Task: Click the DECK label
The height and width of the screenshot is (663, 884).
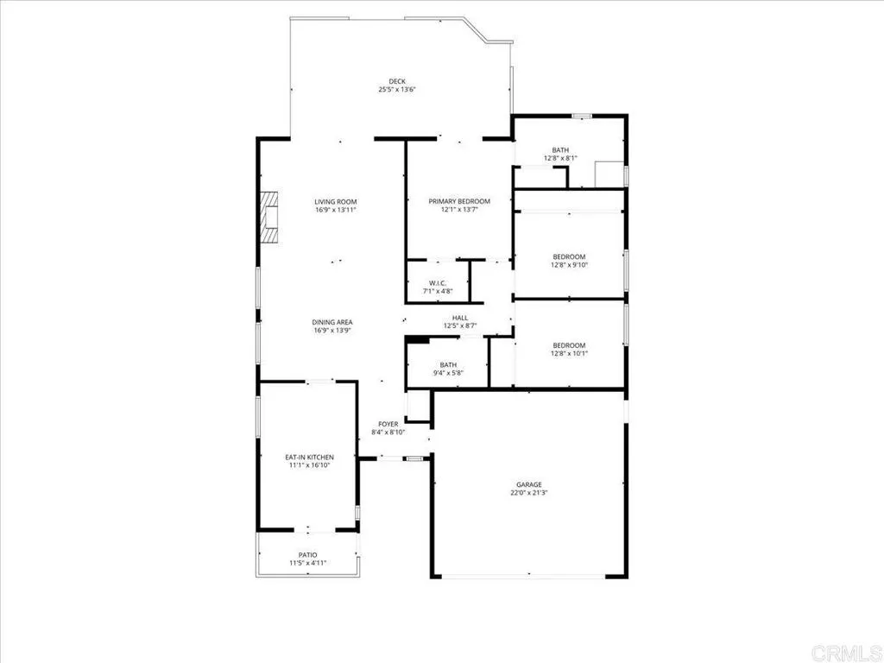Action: click(x=396, y=81)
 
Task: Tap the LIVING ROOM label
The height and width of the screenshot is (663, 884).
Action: click(x=336, y=201)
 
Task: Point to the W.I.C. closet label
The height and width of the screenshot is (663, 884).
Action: click(x=437, y=283)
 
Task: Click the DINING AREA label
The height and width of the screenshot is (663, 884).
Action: click(x=332, y=322)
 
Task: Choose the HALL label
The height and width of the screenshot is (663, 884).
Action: click(x=460, y=318)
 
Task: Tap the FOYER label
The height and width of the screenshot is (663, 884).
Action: click(x=388, y=424)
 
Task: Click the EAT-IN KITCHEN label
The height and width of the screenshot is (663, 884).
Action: click(x=309, y=457)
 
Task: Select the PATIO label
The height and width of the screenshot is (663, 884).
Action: click(x=308, y=555)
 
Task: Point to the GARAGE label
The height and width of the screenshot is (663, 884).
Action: click(x=530, y=485)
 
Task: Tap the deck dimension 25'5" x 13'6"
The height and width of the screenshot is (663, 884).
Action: click(x=396, y=90)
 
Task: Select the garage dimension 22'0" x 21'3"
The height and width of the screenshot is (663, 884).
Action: click(x=530, y=494)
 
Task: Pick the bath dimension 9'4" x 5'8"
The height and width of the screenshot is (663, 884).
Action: click(x=448, y=373)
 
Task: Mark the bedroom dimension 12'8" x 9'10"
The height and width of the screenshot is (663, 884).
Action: click(x=569, y=265)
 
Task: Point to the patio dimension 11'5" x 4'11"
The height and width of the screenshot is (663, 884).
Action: click(x=308, y=564)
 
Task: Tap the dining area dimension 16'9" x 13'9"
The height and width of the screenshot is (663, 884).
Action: click(x=332, y=331)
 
